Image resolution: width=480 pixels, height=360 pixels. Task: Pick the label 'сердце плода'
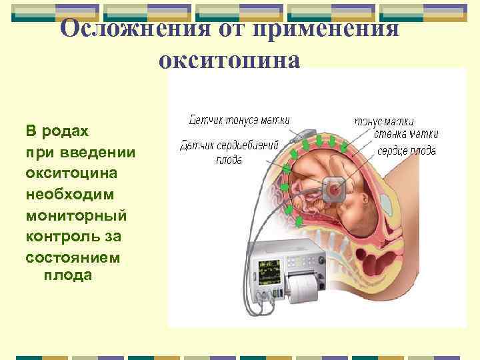406,151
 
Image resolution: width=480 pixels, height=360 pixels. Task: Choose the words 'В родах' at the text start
49,130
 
